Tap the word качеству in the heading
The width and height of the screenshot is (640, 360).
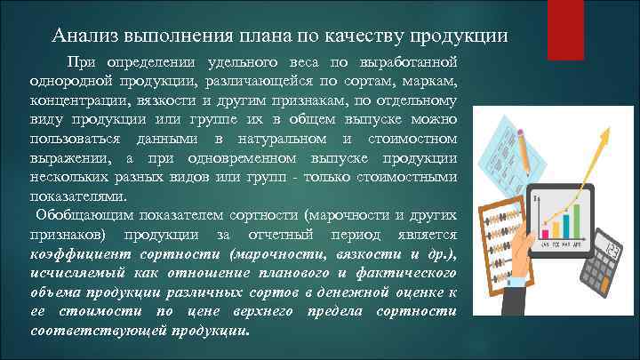[x=359, y=36]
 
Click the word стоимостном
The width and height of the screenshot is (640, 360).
[x=416, y=139]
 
